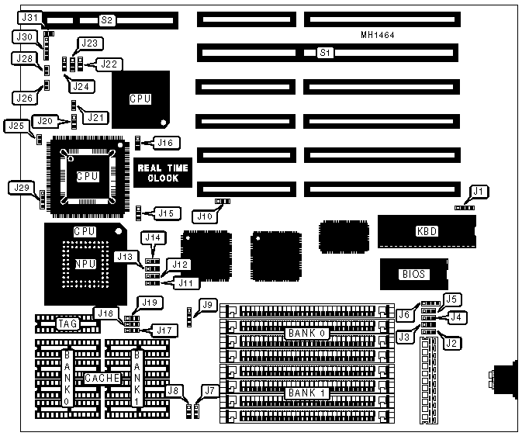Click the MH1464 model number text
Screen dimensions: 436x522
377,35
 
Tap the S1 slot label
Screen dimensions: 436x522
327,53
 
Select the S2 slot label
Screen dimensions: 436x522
106,19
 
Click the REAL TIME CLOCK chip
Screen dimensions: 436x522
157,172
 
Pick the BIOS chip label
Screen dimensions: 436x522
413,274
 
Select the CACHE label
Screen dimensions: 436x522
102,377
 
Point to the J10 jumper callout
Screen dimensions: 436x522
205,215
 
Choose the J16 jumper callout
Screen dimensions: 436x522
167,142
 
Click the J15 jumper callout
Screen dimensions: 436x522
167,213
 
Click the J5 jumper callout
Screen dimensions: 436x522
452,299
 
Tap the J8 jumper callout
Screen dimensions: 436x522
174,391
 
